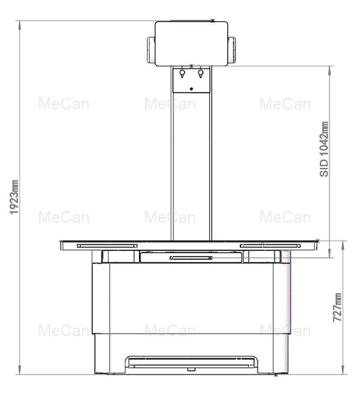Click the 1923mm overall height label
(x=15, y=198)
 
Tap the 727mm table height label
(x=337, y=307)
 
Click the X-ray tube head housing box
(x=191, y=43)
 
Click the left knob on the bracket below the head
(x=182, y=73)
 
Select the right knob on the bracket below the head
(x=201, y=73)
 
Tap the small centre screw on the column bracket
(x=192, y=89)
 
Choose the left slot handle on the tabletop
(x=107, y=246)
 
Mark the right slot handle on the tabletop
(x=270, y=245)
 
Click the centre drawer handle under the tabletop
(x=191, y=258)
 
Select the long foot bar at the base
(x=192, y=366)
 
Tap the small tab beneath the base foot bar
(x=192, y=370)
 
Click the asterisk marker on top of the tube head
(x=212, y=20)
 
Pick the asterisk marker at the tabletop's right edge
(x=318, y=241)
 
